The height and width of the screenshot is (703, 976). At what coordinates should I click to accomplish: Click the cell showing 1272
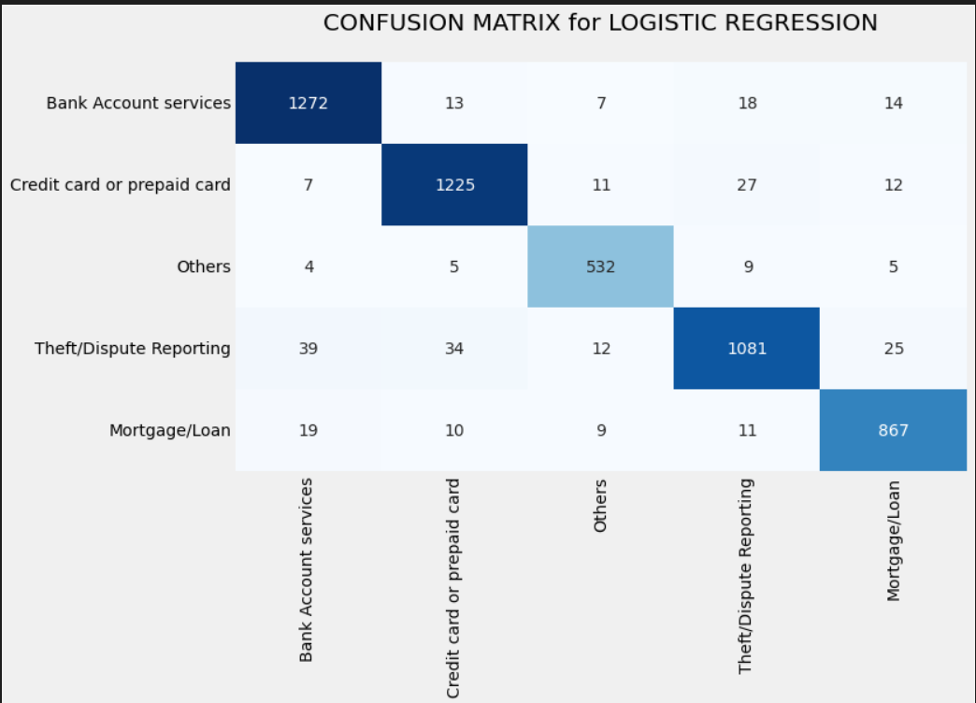[x=309, y=103]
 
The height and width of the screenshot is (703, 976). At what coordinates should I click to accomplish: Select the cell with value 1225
[x=454, y=185]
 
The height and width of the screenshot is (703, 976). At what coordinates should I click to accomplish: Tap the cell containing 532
[x=600, y=266]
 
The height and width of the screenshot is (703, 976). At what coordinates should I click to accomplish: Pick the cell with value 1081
[x=747, y=349]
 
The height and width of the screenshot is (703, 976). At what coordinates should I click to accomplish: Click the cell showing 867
[x=893, y=430]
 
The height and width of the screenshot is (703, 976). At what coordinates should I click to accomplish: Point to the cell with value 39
[x=309, y=349]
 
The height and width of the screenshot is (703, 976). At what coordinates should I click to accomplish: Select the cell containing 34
[x=454, y=349]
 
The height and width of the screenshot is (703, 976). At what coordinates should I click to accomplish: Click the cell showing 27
[x=747, y=185]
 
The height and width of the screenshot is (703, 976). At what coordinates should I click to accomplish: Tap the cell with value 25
[x=893, y=349]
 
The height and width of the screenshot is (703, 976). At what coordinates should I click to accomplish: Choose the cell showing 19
[x=309, y=430]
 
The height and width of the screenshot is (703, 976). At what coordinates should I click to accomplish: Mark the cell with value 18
[x=747, y=103]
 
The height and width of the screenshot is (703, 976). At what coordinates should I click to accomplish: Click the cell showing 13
[x=454, y=103]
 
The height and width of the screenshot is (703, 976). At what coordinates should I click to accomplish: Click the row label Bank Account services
[x=138, y=103]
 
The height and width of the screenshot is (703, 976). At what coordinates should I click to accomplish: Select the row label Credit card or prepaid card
[x=121, y=185]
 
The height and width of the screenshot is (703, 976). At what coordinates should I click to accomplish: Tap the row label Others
[x=204, y=266]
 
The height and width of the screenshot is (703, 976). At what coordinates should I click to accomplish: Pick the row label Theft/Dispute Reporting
[x=133, y=349]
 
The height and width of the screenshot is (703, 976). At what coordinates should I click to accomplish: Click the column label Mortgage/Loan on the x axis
[x=894, y=540]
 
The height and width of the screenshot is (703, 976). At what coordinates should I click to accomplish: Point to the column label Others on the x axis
[x=600, y=506]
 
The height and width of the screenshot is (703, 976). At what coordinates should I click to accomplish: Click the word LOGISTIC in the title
[x=651, y=22]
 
